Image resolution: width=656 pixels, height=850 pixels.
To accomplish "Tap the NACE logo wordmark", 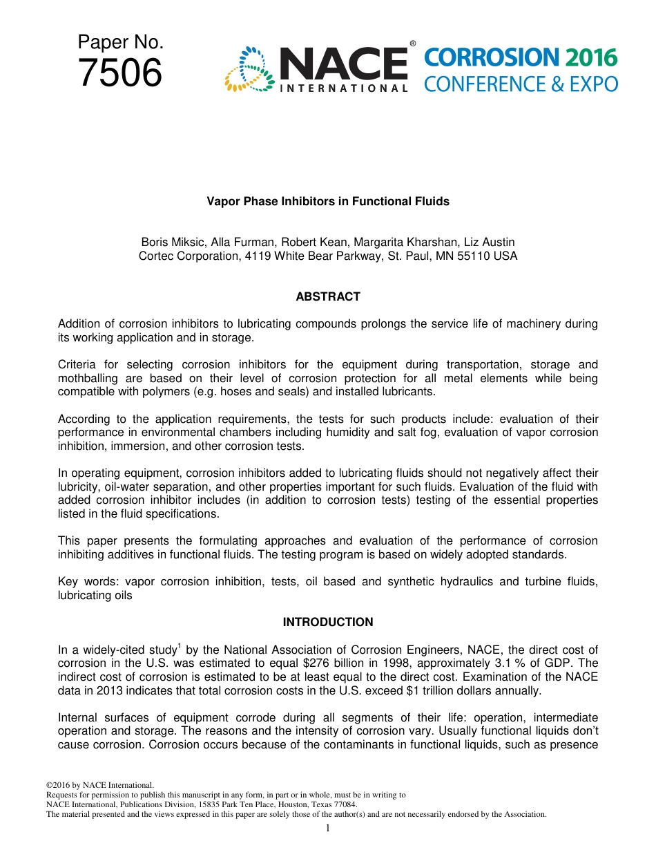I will (x=343, y=64).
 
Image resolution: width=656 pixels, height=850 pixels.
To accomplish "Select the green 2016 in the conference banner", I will (x=590, y=58).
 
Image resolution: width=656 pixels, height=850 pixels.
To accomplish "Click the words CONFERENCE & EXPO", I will (x=520, y=84).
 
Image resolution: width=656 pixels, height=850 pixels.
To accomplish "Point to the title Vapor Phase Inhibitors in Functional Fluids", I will (x=328, y=202).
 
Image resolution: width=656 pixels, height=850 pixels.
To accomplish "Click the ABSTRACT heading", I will (x=328, y=297).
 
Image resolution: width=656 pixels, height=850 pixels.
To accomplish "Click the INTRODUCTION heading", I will (x=328, y=623).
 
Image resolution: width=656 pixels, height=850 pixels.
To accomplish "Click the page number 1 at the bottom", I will (x=328, y=828).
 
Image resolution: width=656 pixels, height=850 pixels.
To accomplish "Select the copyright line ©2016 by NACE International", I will (x=99, y=786).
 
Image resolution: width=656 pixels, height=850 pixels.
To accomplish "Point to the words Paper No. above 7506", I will (x=120, y=42).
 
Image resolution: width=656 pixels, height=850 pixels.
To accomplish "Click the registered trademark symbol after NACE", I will (x=412, y=44).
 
